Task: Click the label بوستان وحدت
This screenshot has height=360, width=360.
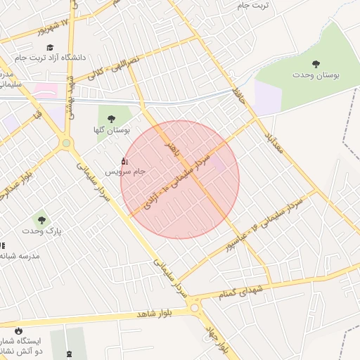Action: coord(314,75)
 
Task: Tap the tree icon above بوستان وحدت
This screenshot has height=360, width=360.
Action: coord(315,64)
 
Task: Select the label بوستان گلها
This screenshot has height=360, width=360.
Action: coord(111,131)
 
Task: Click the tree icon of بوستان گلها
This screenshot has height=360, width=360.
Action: coord(111,119)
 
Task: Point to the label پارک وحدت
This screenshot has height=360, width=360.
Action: coord(41,230)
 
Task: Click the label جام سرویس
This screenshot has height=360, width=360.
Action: coord(125,172)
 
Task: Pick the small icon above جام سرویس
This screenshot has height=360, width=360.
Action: coord(125,160)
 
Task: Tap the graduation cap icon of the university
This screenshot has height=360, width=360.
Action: coord(50,46)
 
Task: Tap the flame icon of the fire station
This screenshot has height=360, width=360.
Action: coord(19,330)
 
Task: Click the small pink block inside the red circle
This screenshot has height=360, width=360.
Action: coord(218,164)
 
